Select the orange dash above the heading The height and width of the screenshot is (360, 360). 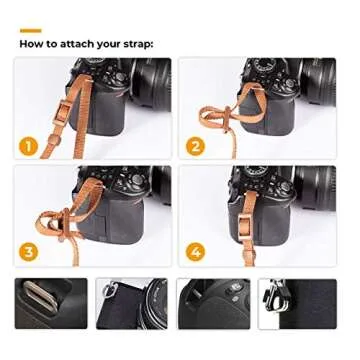pos(30,31)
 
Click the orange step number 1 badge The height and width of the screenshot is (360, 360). pos(29,146)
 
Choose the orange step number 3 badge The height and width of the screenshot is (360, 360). pos(29,249)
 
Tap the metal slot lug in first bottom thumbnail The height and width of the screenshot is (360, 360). pos(40,296)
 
